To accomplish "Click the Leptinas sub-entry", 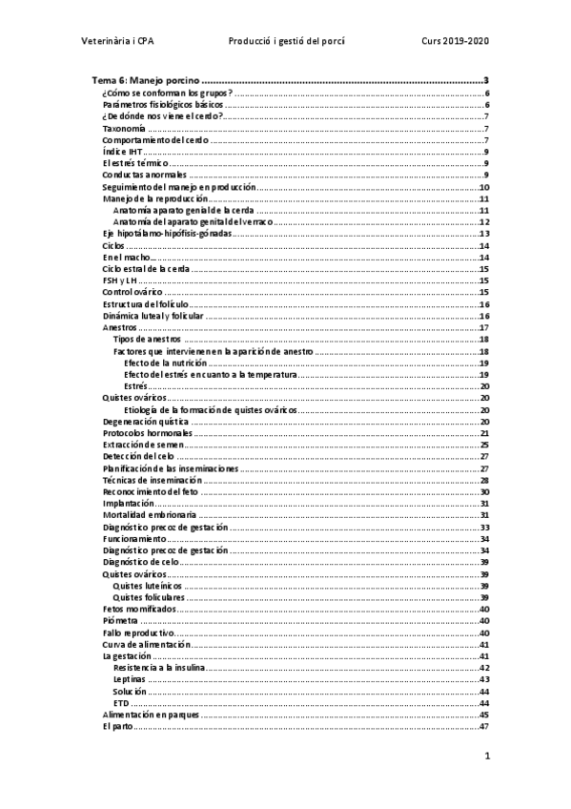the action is pos(129,678).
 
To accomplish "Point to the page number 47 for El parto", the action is pos(484,725).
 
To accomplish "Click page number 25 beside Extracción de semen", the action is pos(484,445).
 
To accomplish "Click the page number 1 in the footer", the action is pos(486,757).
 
